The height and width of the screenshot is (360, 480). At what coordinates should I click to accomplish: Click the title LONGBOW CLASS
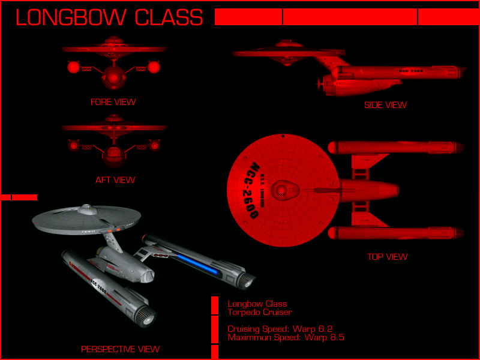(x=109, y=17)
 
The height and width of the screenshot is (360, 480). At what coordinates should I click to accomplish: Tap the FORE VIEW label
(x=113, y=102)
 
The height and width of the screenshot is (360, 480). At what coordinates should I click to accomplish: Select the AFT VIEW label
(x=115, y=179)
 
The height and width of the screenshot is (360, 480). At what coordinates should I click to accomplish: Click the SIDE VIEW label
(x=385, y=105)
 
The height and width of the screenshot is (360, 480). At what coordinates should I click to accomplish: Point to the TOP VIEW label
(x=387, y=257)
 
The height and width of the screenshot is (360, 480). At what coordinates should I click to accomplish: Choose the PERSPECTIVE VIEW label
(x=120, y=349)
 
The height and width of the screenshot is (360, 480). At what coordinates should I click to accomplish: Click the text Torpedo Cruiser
(x=259, y=312)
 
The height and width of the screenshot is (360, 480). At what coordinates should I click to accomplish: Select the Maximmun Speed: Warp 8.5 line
(x=286, y=338)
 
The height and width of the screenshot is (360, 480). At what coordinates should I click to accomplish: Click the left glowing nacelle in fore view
(x=73, y=67)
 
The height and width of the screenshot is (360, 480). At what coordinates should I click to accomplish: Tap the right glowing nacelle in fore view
(x=154, y=67)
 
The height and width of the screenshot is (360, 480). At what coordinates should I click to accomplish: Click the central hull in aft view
(x=113, y=155)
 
